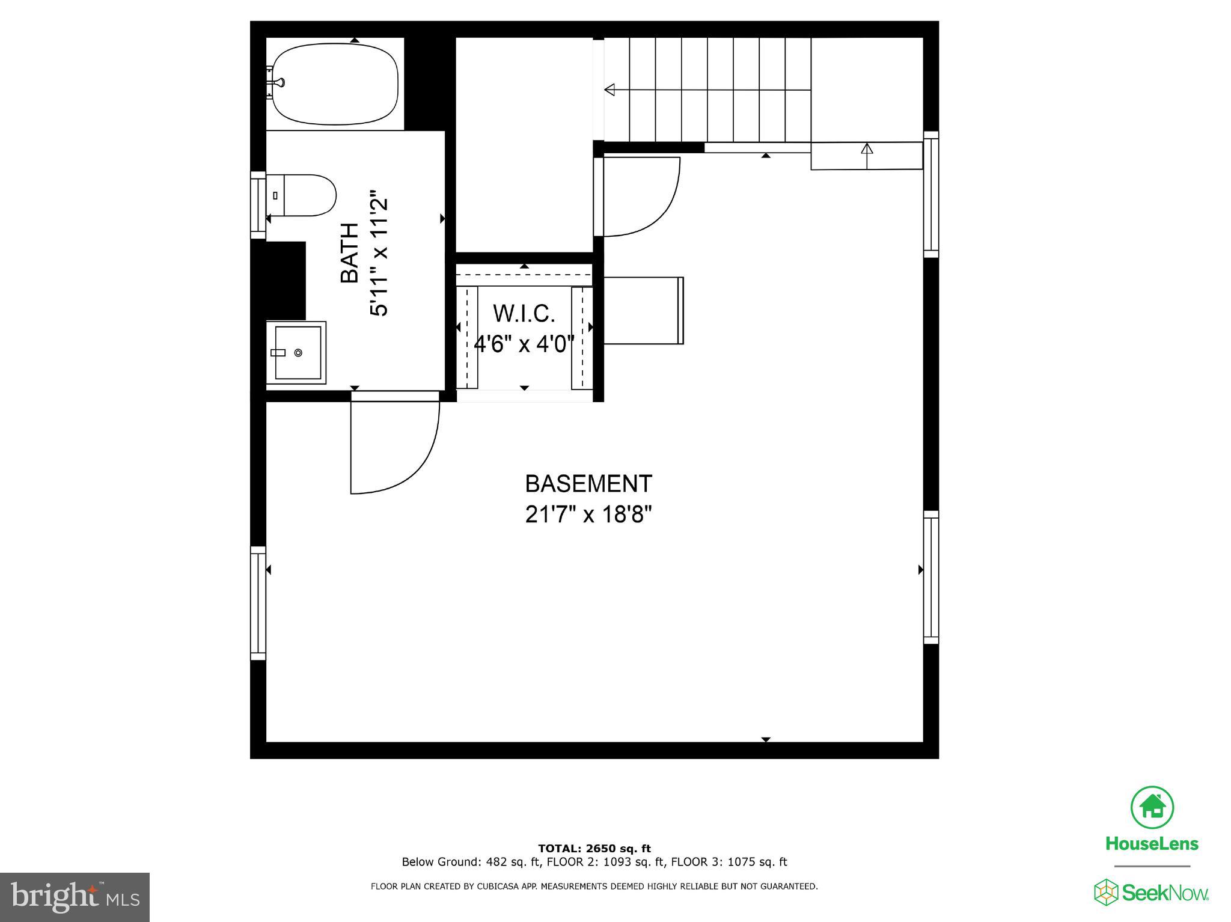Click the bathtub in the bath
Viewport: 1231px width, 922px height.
335,84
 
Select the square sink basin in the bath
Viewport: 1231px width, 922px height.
297,352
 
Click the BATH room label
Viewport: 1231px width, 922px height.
350,253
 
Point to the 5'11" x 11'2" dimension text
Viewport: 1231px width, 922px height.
380,253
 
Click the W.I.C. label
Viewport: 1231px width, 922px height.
524,314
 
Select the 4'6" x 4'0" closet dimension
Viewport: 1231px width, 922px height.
524,344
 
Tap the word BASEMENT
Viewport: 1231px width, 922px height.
588,484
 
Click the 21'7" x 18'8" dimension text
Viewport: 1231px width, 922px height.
588,514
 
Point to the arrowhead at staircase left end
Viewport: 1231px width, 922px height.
610,90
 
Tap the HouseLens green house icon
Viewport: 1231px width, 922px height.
1152,807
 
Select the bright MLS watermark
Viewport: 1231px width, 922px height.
75,897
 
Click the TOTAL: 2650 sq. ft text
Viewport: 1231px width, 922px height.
594,849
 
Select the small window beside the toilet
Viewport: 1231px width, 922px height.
258,204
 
